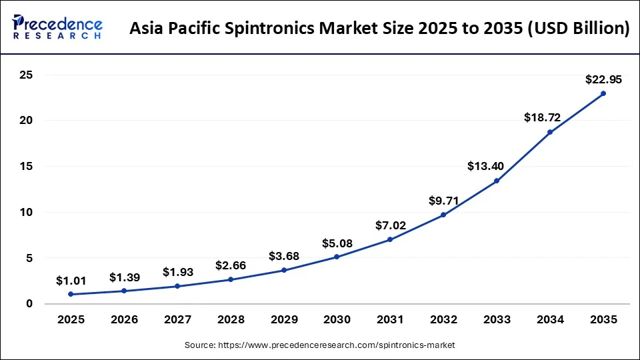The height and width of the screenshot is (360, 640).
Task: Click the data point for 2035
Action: [x=603, y=93]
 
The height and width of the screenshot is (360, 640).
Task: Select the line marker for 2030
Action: [x=337, y=257]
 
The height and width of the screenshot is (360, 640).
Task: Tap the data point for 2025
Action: [x=71, y=294]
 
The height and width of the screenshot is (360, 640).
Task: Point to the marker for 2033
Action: [x=497, y=181]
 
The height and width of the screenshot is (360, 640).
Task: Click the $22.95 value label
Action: [x=603, y=79]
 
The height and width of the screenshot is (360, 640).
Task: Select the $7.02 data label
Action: [x=390, y=225]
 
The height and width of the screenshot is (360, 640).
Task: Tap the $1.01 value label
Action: [x=71, y=280]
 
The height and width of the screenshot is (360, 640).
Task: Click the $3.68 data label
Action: [x=284, y=255]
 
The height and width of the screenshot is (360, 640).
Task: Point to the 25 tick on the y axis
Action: [x=26, y=75]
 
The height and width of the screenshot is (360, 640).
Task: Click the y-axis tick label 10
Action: [x=26, y=212]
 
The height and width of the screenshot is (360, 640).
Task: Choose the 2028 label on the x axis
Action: [x=231, y=320]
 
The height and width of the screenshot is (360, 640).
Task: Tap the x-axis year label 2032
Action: [x=443, y=320]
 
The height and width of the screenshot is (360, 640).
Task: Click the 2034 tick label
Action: [x=550, y=320]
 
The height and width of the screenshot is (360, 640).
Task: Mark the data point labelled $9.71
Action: [x=443, y=215]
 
